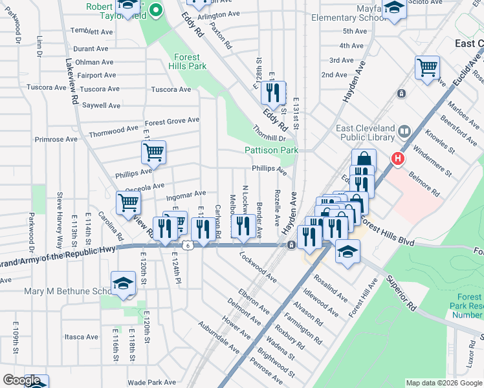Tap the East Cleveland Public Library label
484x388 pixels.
(x=366, y=133)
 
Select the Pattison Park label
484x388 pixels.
(x=271, y=150)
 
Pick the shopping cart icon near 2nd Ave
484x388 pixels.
(x=427, y=67)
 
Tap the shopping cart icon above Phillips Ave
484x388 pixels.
(x=154, y=153)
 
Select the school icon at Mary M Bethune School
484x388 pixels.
(x=123, y=283)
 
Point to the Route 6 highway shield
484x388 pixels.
(x=187, y=245)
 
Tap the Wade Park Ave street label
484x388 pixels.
(x=152, y=382)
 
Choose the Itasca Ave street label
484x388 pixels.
(x=81, y=337)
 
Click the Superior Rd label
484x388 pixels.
(x=402, y=293)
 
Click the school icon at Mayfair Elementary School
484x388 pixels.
(x=393, y=10)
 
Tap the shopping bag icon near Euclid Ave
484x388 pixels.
(x=364, y=160)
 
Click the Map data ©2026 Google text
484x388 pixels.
(x=443, y=383)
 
